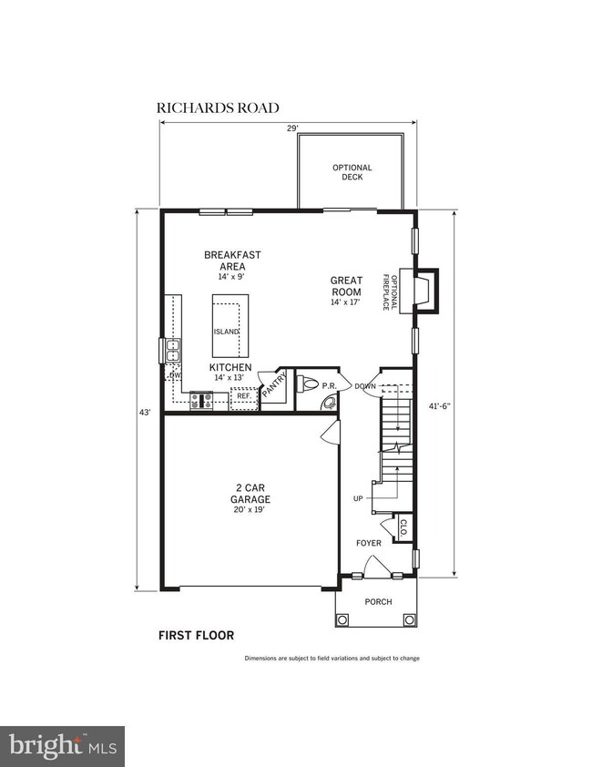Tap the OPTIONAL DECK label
pos(352,172)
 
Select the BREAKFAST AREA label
pos(227,261)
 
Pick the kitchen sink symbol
pos(171,349)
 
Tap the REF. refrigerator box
pos(244,397)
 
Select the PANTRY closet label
pos(274,384)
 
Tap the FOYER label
pos(369,544)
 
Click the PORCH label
pos(378,602)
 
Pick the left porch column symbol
pos(343,620)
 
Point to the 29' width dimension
pos(292,129)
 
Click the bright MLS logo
pos(62,747)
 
